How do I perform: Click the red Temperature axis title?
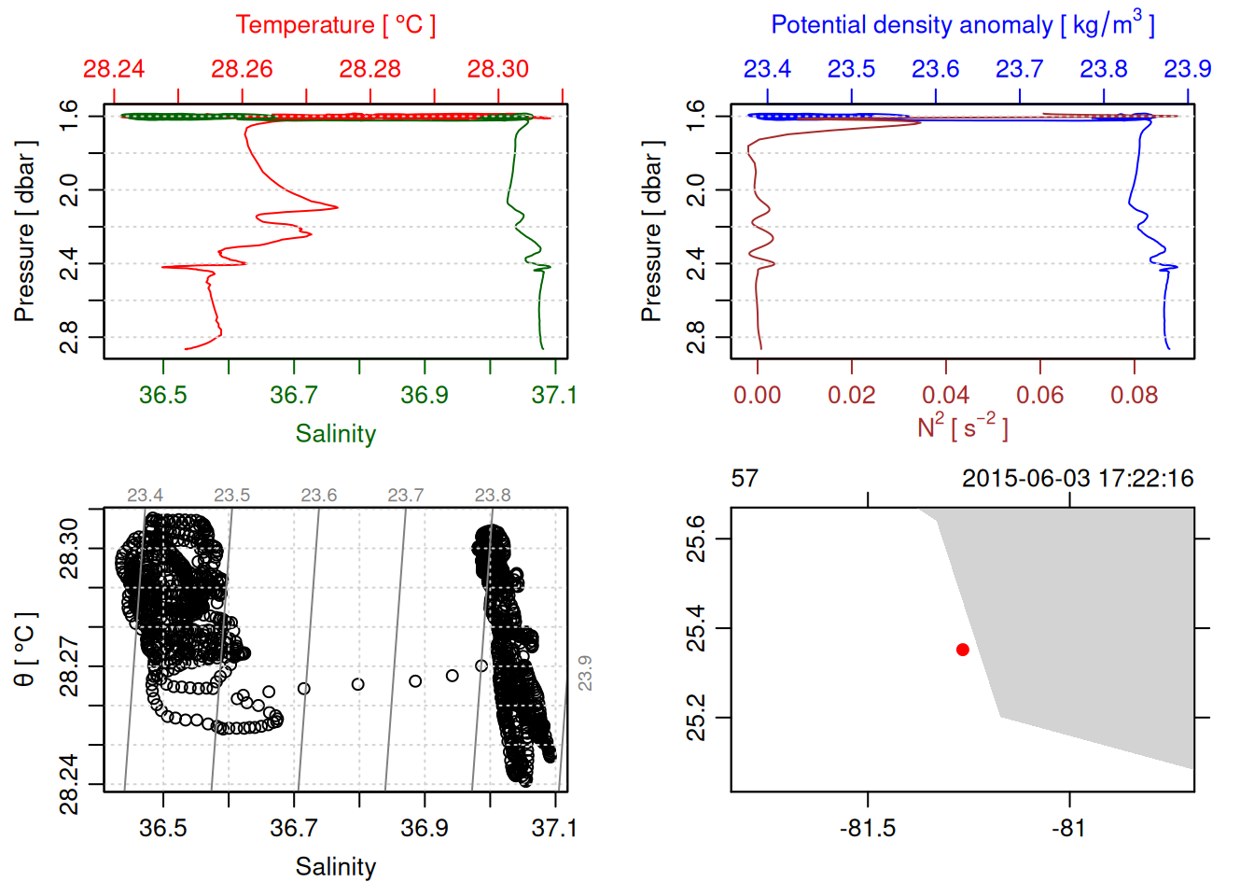click(x=335, y=25)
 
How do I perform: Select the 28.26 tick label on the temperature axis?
click(x=242, y=69)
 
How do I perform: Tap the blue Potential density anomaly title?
click(x=963, y=24)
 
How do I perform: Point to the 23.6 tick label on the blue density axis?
click(x=935, y=69)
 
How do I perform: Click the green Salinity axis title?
click(x=336, y=434)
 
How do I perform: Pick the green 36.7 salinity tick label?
click(x=294, y=396)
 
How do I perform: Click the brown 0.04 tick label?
click(x=946, y=396)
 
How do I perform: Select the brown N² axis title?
click(x=963, y=427)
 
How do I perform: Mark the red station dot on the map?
click(x=963, y=650)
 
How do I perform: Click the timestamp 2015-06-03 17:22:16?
click(x=1078, y=479)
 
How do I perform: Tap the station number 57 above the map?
click(x=745, y=479)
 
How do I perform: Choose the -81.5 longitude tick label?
click(x=868, y=829)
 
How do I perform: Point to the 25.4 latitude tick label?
click(x=697, y=628)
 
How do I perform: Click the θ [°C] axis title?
click(x=25, y=650)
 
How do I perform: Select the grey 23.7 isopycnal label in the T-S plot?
click(x=406, y=496)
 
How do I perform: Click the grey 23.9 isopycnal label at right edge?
click(x=585, y=673)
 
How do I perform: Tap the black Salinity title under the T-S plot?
click(x=336, y=867)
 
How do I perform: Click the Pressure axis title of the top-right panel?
click(x=651, y=231)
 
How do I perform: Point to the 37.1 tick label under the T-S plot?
click(x=554, y=829)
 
